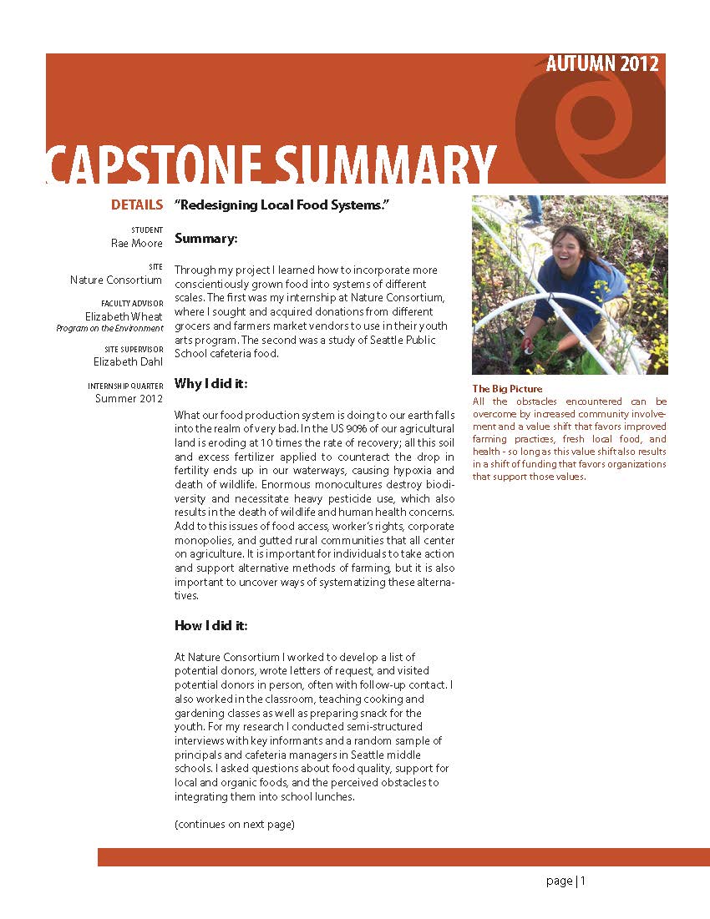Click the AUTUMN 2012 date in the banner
[601, 64]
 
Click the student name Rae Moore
[137, 243]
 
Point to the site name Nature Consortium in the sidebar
[116, 280]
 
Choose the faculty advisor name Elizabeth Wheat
[124, 316]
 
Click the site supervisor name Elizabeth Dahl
[128, 361]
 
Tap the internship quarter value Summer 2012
[129, 399]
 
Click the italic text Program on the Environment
[109, 329]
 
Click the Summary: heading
[206, 239]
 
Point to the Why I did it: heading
[211, 384]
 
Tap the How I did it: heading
[211, 625]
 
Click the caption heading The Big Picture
[507, 389]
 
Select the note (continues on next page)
[235, 825]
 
